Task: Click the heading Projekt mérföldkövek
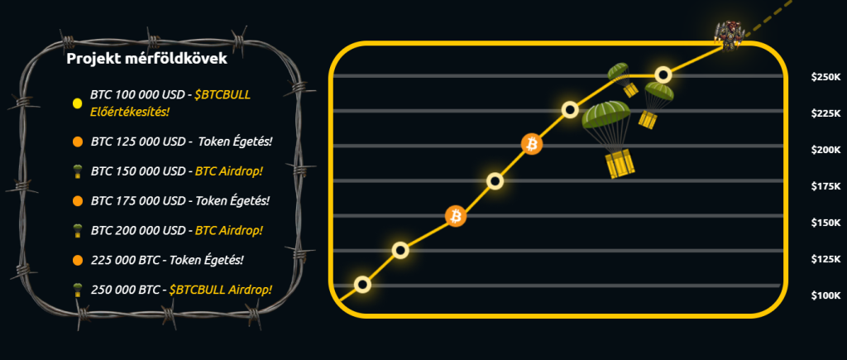coord(146,59)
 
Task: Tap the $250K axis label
coord(826,77)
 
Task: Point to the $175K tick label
coord(826,186)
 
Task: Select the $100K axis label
coord(826,295)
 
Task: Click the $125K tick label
coord(826,260)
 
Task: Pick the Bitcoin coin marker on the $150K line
coord(456,216)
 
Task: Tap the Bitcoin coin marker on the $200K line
coord(532,144)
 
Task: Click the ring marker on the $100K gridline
coord(363,285)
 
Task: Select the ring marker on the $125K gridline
coord(400,250)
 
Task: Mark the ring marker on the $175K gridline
coord(495,180)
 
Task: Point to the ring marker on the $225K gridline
coord(570,110)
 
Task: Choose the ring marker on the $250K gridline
coord(663,74)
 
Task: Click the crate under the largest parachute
coord(619,165)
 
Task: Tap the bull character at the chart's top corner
coord(730,36)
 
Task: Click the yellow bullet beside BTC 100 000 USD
coord(77,103)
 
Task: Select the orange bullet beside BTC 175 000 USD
coord(77,201)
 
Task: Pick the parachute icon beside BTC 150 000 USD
coord(77,172)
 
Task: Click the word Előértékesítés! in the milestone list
coord(129,112)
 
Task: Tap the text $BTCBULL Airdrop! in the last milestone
coord(220,290)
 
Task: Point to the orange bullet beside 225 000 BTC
coord(77,261)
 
